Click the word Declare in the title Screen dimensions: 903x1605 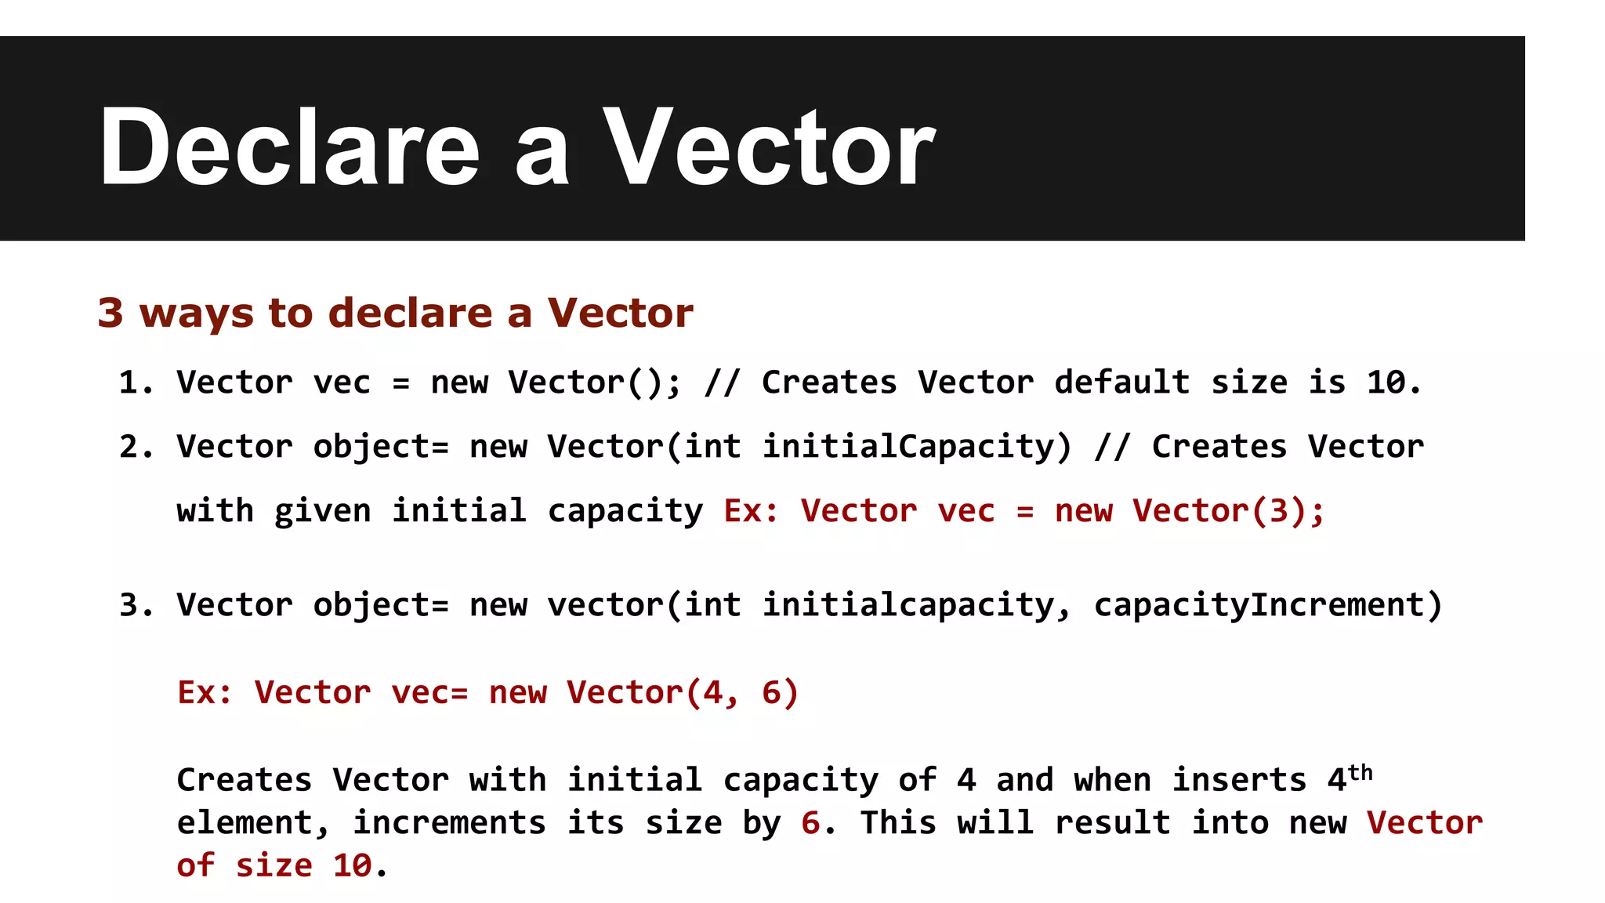(288, 147)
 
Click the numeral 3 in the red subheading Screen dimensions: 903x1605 (111, 313)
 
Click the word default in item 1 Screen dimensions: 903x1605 (1121, 383)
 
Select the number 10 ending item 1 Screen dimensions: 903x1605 (1386, 383)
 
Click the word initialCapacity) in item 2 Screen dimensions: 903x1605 (917, 447)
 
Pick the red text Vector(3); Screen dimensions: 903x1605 (1228, 511)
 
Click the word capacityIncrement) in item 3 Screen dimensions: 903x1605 (1267, 605)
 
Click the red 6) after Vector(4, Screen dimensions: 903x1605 (780, 693)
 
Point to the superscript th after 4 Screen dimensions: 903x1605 (1360, 773)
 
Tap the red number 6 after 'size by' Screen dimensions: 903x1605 (810, 823)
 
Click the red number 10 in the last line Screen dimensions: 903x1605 (352, 866)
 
